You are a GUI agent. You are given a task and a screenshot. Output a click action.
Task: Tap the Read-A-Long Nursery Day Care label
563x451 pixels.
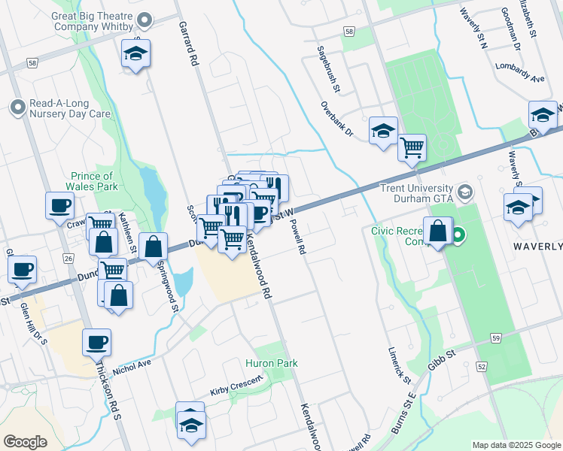tap(69, 109)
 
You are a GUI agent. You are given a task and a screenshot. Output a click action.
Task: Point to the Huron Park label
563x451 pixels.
tap(271, 363)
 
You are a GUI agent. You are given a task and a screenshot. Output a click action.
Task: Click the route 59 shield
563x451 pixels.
tap(495, 338)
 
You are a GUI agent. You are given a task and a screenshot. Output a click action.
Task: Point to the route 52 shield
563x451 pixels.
tap(482, 366)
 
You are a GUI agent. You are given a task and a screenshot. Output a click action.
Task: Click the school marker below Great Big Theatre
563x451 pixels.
tap(135, 54)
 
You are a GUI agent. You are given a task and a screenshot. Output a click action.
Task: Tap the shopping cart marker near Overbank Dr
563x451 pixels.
tap(412, 147)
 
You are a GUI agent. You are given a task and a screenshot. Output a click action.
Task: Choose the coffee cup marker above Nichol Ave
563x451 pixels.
tap(96, 342)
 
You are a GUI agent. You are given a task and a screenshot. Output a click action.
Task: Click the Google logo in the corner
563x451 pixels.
tap(25, 442)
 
